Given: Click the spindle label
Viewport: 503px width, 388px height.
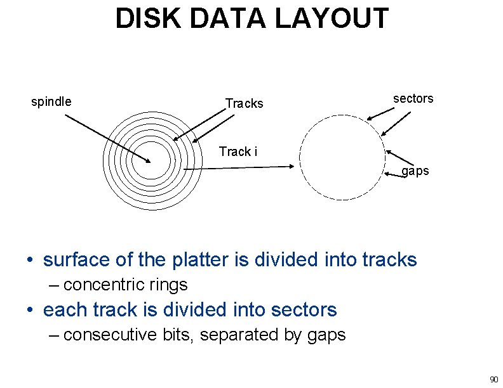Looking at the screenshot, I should click(51, 101).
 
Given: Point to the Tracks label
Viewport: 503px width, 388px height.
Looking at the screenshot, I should click(244, 103).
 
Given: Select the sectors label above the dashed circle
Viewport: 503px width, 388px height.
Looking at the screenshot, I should click(413, 98).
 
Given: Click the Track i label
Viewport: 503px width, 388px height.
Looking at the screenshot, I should click(238, 152).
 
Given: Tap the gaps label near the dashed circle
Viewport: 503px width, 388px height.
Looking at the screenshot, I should click(415, 171).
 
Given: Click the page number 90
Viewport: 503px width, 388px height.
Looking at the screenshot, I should click(493, 380).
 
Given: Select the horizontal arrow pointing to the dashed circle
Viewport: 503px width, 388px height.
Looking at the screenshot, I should click(238, 168).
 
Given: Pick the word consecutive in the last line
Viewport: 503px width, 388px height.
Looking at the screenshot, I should click(110, 334).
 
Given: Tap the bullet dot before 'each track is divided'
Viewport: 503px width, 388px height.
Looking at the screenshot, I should click(29, 311).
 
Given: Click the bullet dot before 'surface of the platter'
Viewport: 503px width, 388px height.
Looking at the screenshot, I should click(29, 261).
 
